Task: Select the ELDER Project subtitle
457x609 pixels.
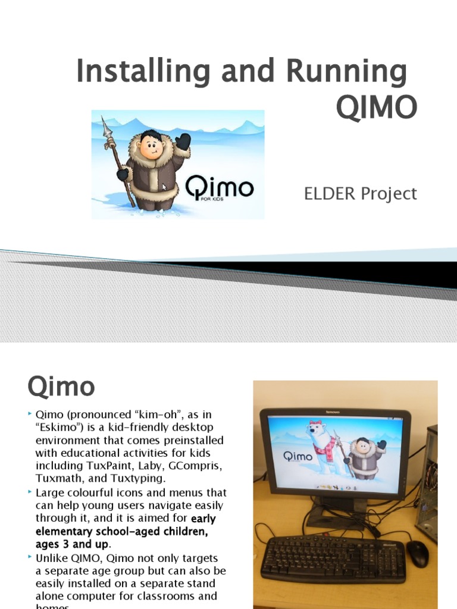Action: tap(361, 194)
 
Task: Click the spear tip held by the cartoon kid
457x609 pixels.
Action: tap(106, 125)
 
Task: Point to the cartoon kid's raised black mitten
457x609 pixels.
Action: tap(183, 142)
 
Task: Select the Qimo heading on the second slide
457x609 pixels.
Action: tap(61, 387)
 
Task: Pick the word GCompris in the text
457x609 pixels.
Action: tap(198, 466)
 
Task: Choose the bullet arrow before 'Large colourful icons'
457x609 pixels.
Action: tap(30, 492)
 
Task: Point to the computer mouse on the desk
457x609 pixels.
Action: tap(417, 554)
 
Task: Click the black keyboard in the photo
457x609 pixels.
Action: tap(333, 559)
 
